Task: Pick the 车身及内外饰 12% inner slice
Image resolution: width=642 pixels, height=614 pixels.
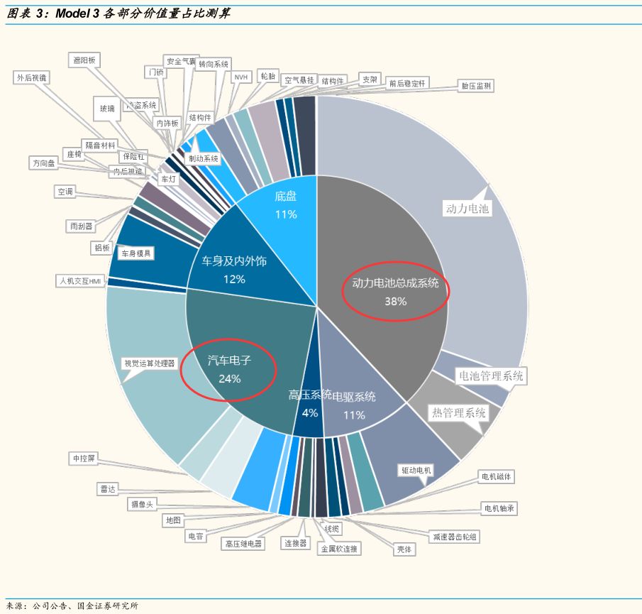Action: [234, 270]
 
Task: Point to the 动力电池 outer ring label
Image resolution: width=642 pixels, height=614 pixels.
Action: [467, 209]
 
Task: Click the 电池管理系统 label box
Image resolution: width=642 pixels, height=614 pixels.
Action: [491, 375]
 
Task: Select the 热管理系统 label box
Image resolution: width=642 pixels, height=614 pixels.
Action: [459, 412]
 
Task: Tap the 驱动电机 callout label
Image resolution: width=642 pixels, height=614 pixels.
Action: [416, 470]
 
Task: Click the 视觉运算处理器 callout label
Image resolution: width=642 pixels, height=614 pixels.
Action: [149, 363]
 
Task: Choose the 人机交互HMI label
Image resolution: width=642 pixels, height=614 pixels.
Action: [81, 280]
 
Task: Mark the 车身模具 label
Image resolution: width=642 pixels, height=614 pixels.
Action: [135, 253]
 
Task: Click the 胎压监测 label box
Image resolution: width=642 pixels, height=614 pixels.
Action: [475, 86]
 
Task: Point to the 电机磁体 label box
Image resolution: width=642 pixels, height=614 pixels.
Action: [496, 476]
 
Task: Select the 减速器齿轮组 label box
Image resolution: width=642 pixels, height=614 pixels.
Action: [455, 537]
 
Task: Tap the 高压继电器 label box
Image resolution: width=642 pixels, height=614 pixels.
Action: [243, 544]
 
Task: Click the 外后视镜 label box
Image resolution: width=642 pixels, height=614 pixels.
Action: [32, 77]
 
